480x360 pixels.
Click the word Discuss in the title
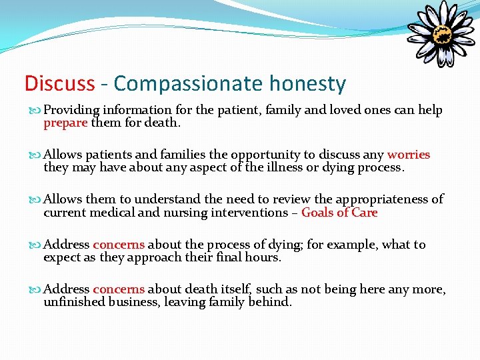[x=59, y=84]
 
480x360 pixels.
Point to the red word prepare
[x=65, y=123]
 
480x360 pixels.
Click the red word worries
[x=409, y=155]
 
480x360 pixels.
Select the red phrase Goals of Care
[x=339, y=213]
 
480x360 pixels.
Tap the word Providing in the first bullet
[x=71, y=110]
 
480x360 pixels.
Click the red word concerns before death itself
[x=119, y=289]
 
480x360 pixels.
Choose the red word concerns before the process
[x=119, y=245]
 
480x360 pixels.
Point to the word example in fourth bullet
[x=352, y=245]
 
